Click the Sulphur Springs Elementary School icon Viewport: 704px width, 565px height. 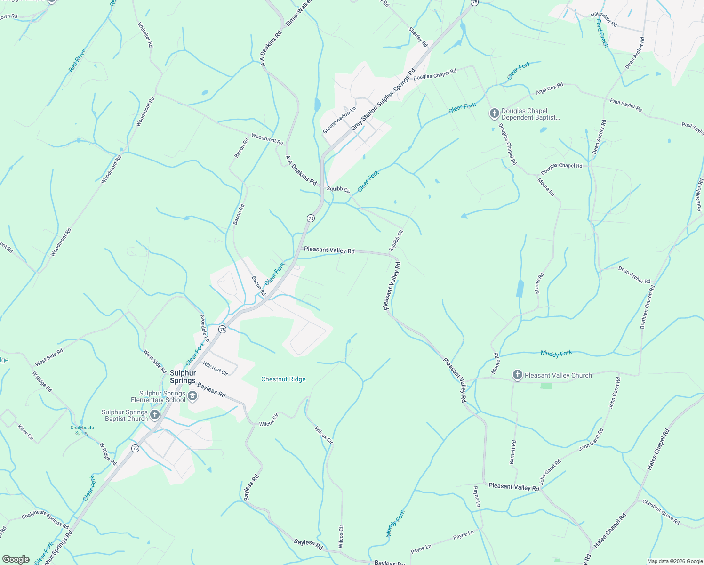click(192, 396)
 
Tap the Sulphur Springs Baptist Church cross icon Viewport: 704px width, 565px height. click(155, 415)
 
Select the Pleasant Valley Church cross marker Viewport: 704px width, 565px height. click(517, 375)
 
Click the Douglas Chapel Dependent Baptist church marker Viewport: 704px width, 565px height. click(494, 113)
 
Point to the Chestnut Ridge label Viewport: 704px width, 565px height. click(283, 379)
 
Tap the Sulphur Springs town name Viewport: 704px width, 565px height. click(183, 377)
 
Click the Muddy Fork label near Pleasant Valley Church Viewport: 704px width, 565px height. click(556, 354)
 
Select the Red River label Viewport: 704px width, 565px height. click(77, 61)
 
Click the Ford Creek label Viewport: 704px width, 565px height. click(602, 33)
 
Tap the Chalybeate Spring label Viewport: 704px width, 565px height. click(82, 430)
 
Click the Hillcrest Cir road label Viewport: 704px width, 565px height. click(216, 368)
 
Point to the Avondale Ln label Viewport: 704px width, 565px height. click(204, 328)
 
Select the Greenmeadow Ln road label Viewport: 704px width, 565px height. click(339, 120)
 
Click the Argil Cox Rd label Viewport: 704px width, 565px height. click(549, 89)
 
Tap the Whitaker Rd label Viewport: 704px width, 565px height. click(145, 35)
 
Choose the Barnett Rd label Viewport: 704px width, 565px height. click(513, 452)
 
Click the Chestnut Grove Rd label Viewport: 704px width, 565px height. click(661, 512)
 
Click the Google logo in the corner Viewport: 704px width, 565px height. click(16, 559)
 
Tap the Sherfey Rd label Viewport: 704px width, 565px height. click(418, 37)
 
